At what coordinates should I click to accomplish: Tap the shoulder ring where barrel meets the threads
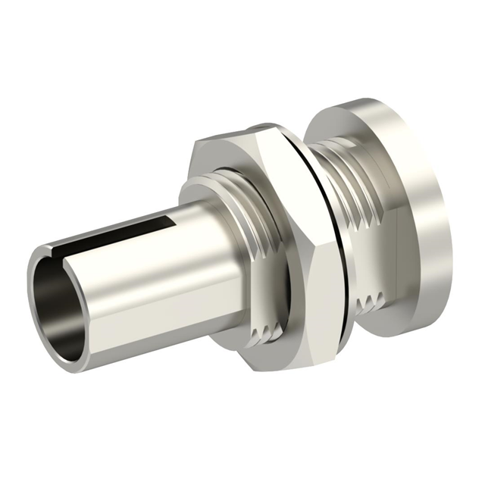(x=199, y=193)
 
